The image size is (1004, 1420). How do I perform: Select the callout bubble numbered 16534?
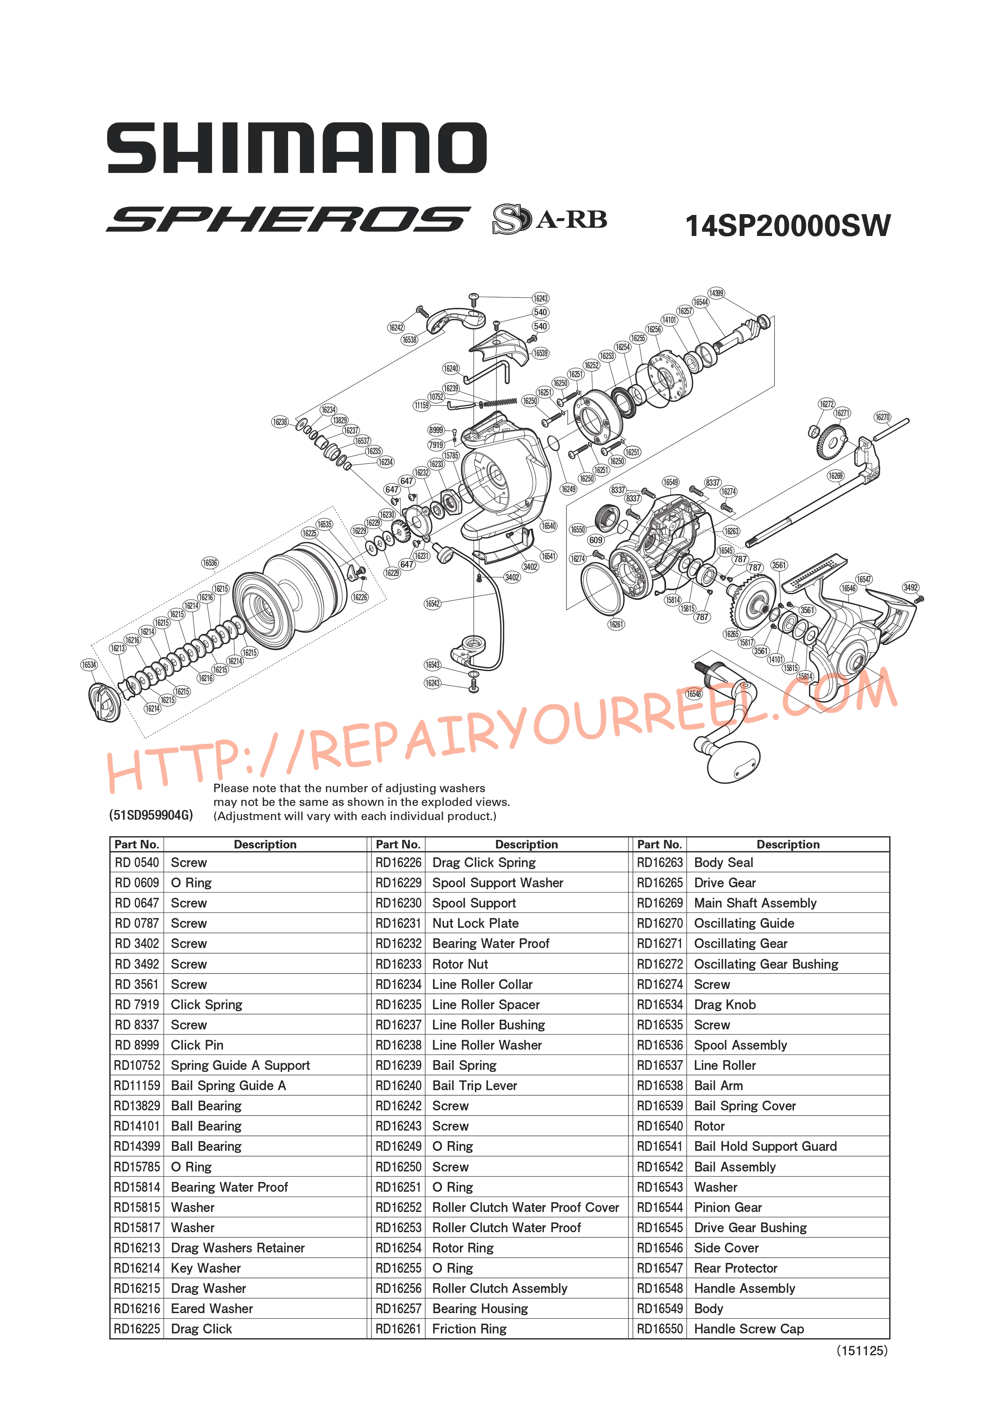click(89, 665)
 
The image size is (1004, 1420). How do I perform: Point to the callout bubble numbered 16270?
click(882, 417)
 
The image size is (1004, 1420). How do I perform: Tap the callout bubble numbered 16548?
click(694, 694)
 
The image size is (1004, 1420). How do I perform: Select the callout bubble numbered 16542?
click(432, 604)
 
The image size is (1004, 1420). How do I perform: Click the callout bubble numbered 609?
click(595, 540)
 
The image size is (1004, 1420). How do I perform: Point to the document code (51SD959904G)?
click(151, 815)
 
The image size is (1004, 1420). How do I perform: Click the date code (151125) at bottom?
click(862, 1351)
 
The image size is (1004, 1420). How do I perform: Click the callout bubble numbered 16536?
click(210, 563)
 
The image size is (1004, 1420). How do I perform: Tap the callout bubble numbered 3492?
click(911, 587)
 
